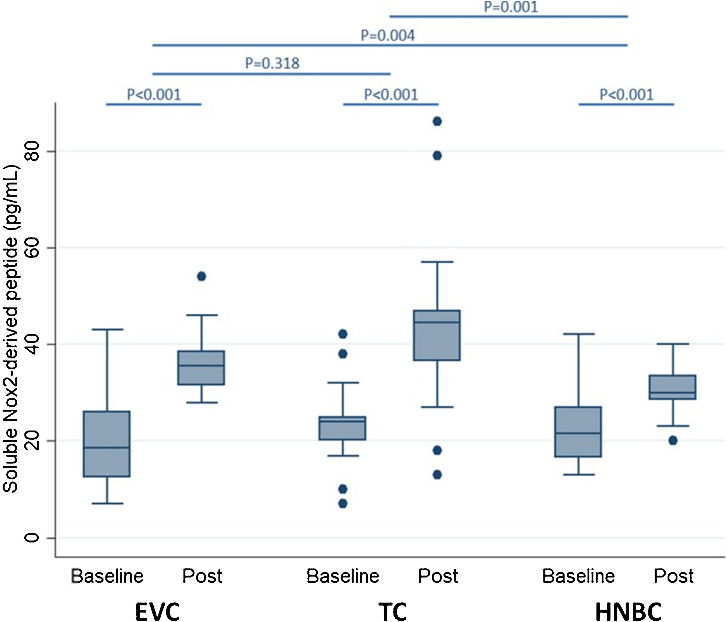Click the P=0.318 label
pos(272,63)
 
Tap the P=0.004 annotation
pos(388,36)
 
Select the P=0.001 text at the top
pos(511,7)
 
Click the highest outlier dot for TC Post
pos(437,121)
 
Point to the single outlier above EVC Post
pos(202,276)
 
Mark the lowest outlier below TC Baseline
pos(343,504)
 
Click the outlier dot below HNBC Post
pos(673,440)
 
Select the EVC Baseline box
pos(107,444)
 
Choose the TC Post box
pos(437,335)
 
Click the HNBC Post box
pos(673,387)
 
